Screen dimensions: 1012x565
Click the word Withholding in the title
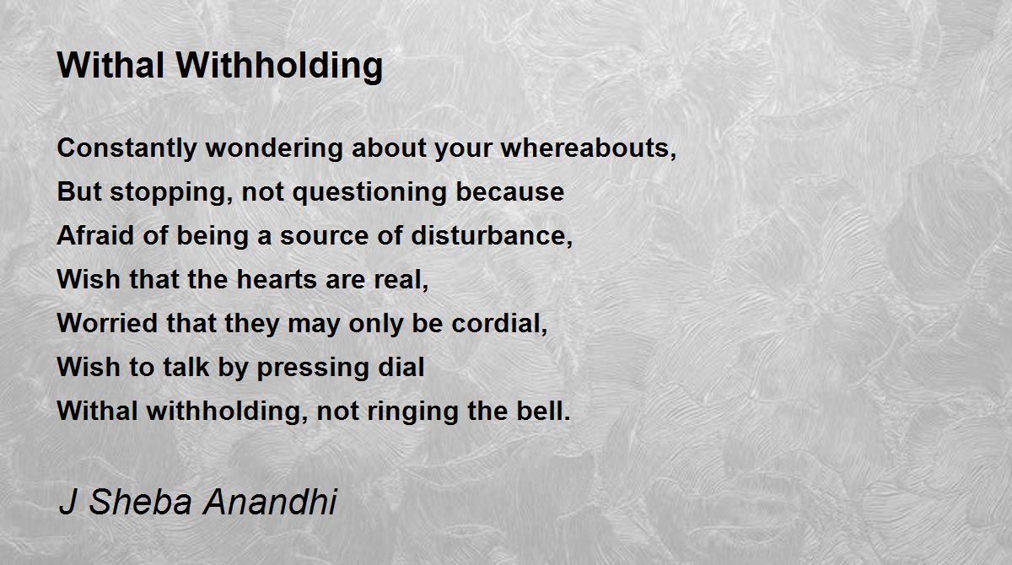pos(279,67)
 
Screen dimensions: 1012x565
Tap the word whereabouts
pos(589,148)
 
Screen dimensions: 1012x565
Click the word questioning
pos(369,192)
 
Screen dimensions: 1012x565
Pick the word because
pos(509,191)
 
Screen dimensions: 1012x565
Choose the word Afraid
pos(95,235)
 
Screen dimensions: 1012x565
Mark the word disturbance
pos(492,236)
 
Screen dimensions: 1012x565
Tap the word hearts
pos(277,279)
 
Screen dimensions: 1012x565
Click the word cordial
pos(499,323)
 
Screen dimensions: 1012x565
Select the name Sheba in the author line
pos(141,502)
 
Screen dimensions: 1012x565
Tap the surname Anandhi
pos(270,502)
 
